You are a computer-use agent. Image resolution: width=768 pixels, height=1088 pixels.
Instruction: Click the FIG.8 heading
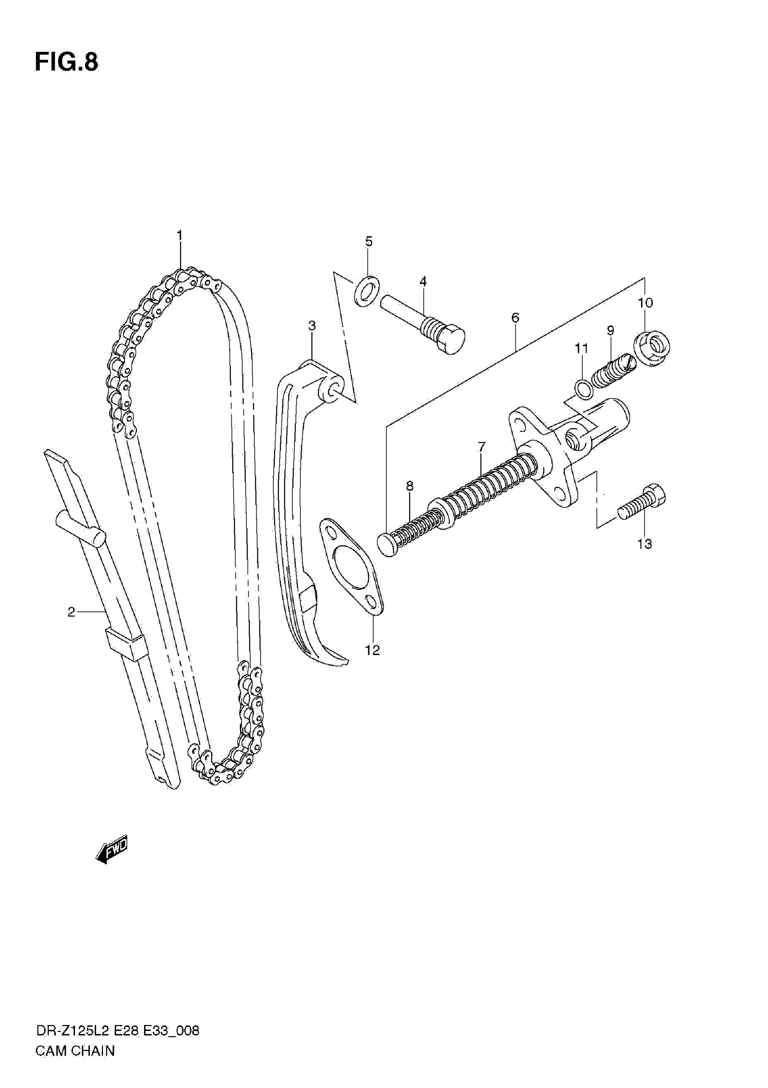click(x=66, y=62)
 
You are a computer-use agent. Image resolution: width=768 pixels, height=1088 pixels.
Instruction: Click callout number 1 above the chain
click(x=179, y=235)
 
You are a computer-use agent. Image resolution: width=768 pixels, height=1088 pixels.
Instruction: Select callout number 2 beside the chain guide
click(x=71, y=612)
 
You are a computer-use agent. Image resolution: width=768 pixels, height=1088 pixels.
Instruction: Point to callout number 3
click(x=312, y=326)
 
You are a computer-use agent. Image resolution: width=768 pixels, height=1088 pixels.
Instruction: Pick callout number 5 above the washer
click(x=369, y=242)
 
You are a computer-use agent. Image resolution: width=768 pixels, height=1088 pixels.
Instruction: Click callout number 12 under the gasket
click(x=372, y=650)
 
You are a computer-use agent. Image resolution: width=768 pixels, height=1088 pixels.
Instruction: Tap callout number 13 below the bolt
click(x=644, y=544)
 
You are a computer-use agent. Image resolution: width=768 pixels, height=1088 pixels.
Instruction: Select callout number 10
click(x=645, y=302)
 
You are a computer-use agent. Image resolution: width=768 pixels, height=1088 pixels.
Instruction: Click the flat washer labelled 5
click(x=367, y=290)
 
